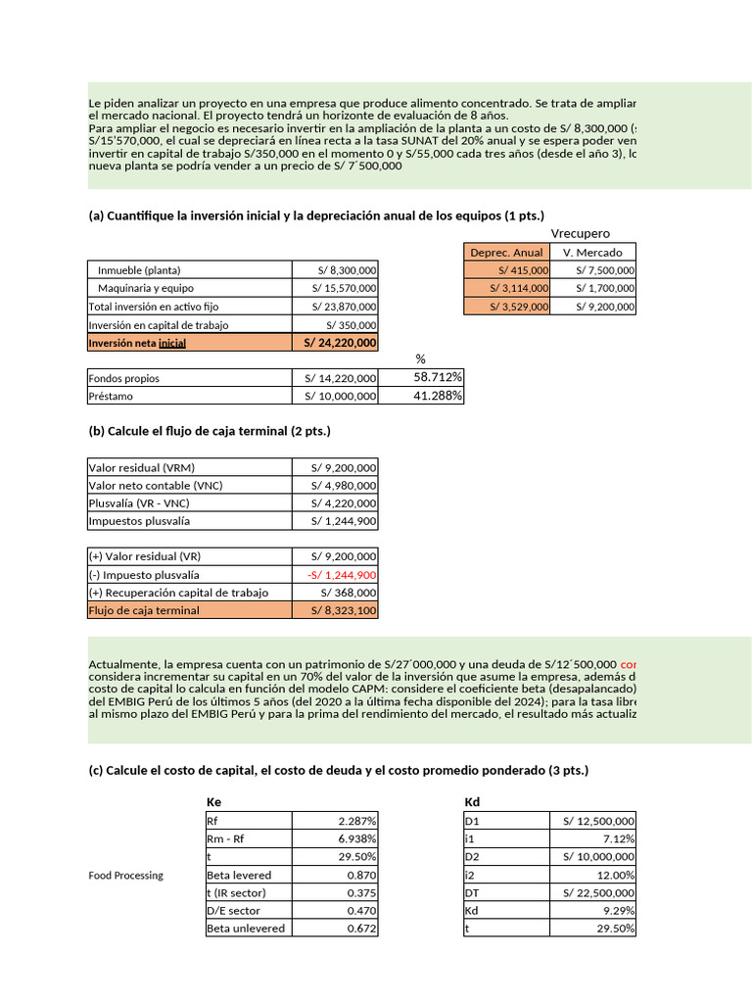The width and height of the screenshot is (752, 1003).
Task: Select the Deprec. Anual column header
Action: (x=506, y=253)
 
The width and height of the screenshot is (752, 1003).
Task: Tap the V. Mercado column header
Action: (x=592, y=253)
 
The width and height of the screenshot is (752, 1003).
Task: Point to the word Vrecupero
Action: (x=580, y=233)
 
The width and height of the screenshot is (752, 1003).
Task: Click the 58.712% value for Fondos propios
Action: (x=438, y=377)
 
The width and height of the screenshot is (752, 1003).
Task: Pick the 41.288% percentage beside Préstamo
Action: (x=438, y=396)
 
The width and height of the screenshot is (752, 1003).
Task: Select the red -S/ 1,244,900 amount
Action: (x=342, y=575)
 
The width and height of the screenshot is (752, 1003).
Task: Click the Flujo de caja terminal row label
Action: (x=144, y=610)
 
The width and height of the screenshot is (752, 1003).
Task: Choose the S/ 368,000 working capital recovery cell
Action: (x=349, y=593)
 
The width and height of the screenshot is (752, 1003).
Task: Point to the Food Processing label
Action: (x=125, y=875)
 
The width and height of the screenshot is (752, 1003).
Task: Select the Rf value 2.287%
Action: (x=357, y=822)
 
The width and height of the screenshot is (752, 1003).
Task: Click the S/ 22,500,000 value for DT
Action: (x=598, y=892)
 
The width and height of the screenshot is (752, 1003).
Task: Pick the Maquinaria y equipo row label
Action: (x=146, y=288)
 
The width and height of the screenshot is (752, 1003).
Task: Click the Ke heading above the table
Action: (x=214, y=802)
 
